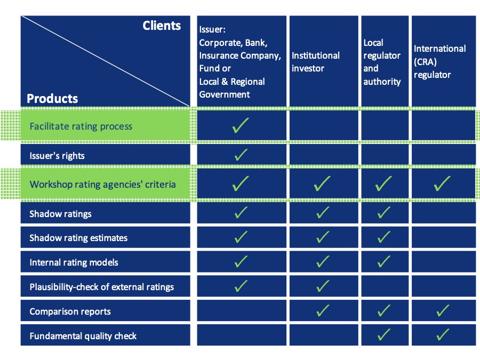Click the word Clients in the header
[x=162, y=26]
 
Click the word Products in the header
[x=52, y=99]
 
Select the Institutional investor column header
[x=316, y=62]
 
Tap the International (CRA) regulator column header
[x=439, y=61]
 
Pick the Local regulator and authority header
[x=382, y=62]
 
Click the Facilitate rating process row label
[x=81, y=126]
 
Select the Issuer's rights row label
[x=57, y=156]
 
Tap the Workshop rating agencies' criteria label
[x=102, y=185]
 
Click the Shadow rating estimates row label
[x=78, y=238]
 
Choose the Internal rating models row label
[x=74, y=262]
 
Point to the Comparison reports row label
[x=70, y=311]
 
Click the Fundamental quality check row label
[x=83, y=336]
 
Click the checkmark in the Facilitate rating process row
[x=241, y=125]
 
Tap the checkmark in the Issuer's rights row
[x=241, y=155]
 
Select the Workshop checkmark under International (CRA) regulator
[x=442, y=183]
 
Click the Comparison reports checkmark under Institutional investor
[x=323, y=310]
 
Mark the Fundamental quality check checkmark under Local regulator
[x=384, y=334]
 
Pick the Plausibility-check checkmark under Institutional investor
[x=323, y=286]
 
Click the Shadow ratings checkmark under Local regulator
[x=384, y=212]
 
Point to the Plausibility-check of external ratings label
[x=102, y=287]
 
